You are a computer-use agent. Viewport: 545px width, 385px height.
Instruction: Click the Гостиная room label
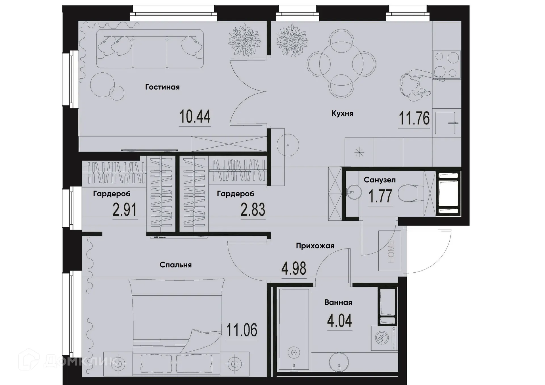pyautogui.click(x=162, y=87)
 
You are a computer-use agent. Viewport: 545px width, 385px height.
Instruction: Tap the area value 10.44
pyautogui.click(x=195, y=117)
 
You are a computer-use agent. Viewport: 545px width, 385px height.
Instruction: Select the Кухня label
pyautogui.click(x=342, y=113)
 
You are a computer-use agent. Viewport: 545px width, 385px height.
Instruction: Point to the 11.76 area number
pyautogui.click(x=414, y=119)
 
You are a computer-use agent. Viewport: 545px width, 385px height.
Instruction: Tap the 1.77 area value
pyautogui.click(x=380, y=196)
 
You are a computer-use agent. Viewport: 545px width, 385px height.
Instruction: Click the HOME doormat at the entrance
pyautogui.click(x=390, y=251)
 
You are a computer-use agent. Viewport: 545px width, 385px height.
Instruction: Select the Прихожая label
pyautogui.click(x=315, y=246)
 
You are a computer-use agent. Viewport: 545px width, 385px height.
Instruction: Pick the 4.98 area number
pyautogui.click(x=294, y=269)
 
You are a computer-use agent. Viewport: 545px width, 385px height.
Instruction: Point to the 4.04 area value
pyautogui.click(x=339, y=321)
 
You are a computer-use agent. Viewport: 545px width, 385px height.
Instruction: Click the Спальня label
pyautogui.click(x=175, y=265)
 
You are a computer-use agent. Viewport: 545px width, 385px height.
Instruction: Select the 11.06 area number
pyautogui.click(x=242, y=330)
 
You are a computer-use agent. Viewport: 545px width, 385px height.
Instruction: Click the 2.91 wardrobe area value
pyautogui.click(x=125, y=210)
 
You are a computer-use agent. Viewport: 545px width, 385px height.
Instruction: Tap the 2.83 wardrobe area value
pyautogui.click(x=253, y=210)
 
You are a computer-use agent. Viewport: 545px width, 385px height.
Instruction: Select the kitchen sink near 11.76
pyautogui.click(x=445, y=123)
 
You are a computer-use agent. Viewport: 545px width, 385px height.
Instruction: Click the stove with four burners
pyautogui.click(x=447, y=65)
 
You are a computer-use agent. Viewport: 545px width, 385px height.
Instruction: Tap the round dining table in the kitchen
pyautogui.click(x=341, y=64)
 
